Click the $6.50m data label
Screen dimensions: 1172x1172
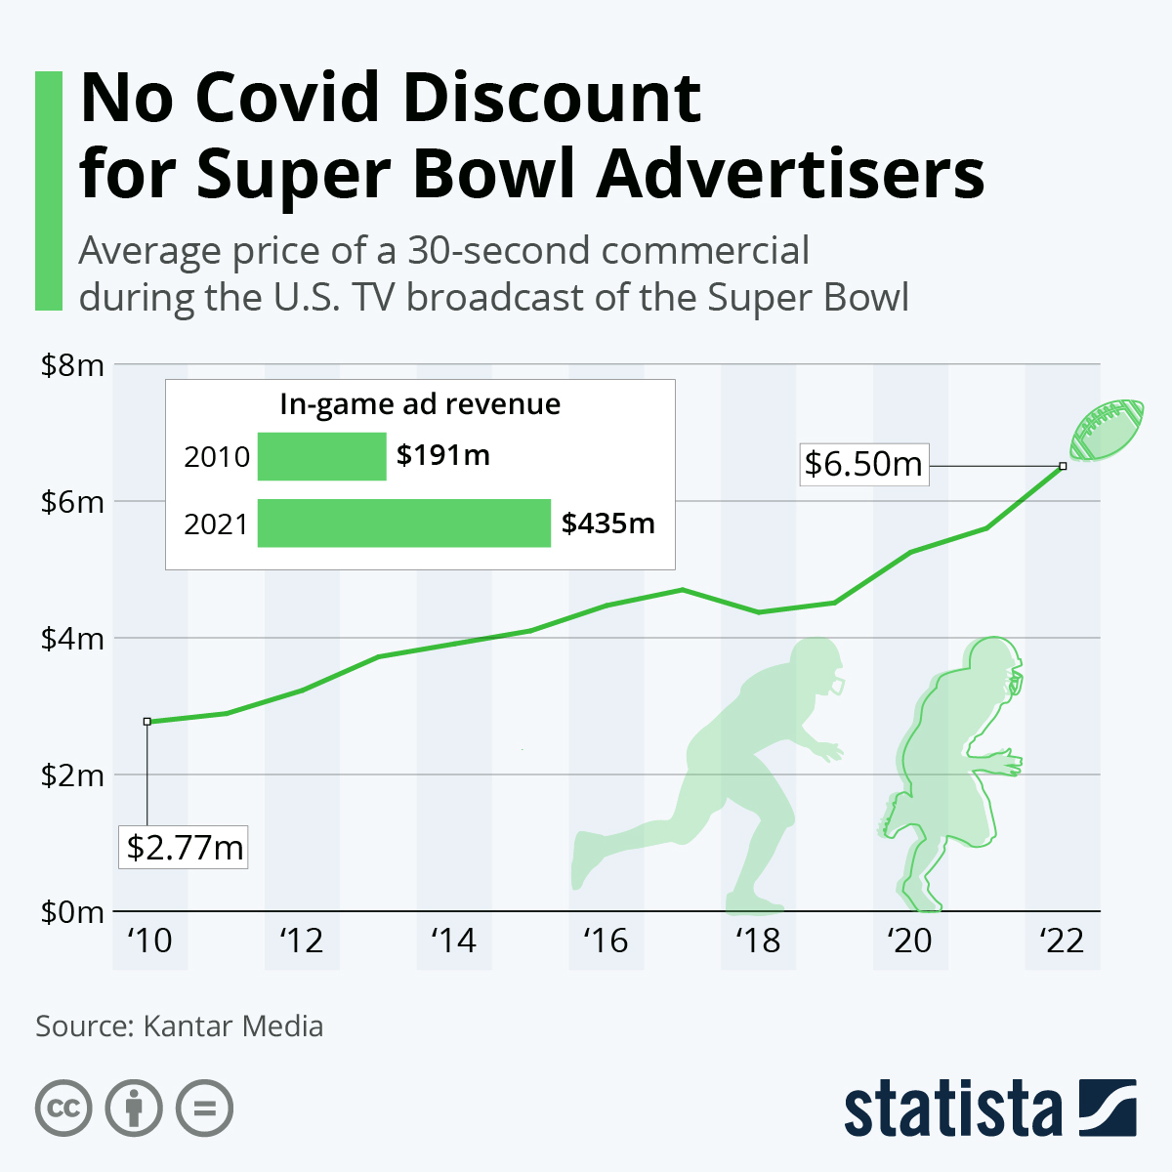point(863,464)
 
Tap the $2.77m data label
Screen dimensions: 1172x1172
point(185,847)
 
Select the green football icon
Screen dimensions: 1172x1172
point(1108,430)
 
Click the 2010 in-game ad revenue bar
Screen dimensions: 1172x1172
point(321,456)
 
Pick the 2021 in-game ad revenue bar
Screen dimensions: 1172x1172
point(403,523)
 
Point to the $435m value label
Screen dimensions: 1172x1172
point(607,523)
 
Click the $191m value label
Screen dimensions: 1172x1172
point(442,455)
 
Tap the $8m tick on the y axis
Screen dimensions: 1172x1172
point(72,365)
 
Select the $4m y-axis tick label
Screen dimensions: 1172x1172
point(72,639)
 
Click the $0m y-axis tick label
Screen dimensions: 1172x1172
point(72,912)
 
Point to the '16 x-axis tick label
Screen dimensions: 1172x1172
point(606,941)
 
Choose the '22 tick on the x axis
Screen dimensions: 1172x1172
point(1062,941)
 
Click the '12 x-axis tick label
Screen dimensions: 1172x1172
point(301,941)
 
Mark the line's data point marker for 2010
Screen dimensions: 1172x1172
point(147,722)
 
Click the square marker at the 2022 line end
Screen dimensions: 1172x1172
point(1063,466)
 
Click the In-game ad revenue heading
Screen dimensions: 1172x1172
point(420,404)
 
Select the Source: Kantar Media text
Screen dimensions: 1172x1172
point(179,1026)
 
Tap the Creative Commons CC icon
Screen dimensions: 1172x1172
point(63,1108)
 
